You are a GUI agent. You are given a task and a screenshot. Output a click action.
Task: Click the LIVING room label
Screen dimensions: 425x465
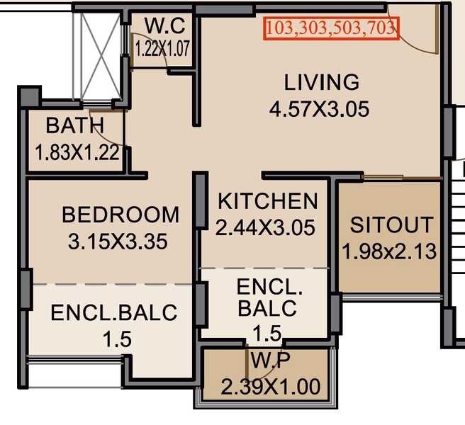(321, 82)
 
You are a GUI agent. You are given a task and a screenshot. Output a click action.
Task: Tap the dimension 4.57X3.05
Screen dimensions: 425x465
(319, 110)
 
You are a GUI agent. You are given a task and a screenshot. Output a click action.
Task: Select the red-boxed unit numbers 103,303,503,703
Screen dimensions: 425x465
(331, 28)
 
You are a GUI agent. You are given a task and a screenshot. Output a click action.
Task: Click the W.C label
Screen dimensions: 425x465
(164, 27)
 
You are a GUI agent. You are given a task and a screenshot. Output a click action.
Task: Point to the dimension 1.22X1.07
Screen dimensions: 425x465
(163, 49)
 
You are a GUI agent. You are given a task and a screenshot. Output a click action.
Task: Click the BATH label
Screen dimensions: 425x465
(75, 126)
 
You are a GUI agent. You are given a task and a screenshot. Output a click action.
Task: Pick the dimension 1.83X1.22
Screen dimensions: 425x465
(77, 152)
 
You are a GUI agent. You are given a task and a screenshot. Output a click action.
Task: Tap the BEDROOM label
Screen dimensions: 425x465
(121, 214)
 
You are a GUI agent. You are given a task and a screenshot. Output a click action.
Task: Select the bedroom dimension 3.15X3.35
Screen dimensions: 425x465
(118, 242)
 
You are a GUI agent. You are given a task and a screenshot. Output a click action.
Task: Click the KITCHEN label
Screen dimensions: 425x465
(267, 201)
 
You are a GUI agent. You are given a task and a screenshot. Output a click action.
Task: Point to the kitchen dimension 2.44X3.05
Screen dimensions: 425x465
(265, 228)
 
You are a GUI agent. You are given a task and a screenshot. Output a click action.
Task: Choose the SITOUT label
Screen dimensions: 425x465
(391, 225)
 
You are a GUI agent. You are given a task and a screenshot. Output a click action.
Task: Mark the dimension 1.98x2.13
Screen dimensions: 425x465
(389, 251)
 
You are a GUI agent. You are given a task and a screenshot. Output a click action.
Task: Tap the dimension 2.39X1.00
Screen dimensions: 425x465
(270, 387)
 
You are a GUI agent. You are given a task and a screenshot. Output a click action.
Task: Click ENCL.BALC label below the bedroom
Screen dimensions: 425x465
(113, 312)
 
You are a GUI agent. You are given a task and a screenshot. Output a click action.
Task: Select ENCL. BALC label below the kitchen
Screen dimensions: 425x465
(269, 298)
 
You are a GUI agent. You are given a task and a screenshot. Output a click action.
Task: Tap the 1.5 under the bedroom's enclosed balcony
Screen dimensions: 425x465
(116, 339)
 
